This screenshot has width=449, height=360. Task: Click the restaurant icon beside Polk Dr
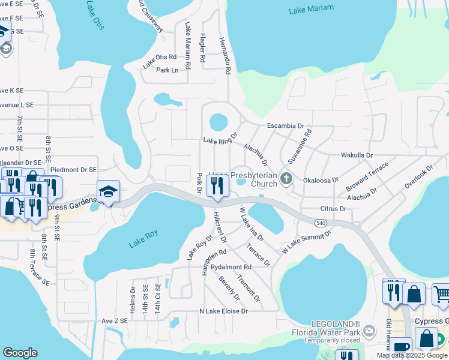[x=216, y=187]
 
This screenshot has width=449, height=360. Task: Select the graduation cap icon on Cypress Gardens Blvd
[x=109, y=191]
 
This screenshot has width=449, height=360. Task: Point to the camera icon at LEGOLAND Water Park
[x=369, y=331]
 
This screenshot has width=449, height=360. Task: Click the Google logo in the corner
[x=20, y=353]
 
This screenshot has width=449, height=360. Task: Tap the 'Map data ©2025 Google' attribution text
[x=412, y=355]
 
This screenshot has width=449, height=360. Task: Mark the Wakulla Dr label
[x=357, y=155]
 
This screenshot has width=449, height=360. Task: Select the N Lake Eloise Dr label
[x=223, y=311]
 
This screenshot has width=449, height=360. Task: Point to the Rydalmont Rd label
[x=231, y=266]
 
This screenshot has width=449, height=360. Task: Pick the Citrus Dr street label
[x=334, y=209]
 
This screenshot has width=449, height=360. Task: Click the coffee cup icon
[x=402, y=347]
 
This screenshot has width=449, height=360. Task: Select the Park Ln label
[x=167, y=70]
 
